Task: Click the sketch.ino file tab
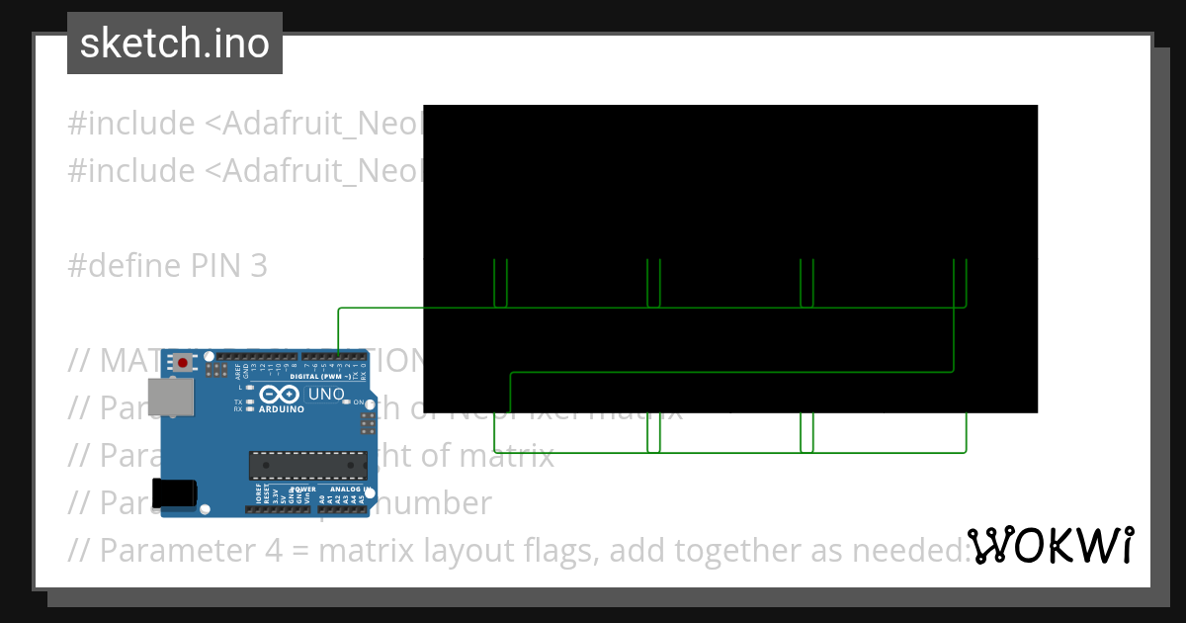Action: point(174,44)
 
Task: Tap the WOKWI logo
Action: point(1050,546)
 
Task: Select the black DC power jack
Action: point(174,493)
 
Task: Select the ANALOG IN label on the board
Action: point(345,489)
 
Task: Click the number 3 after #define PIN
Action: point(257,266)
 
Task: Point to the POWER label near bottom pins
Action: point(302,489)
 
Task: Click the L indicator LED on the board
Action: point(250,387)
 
